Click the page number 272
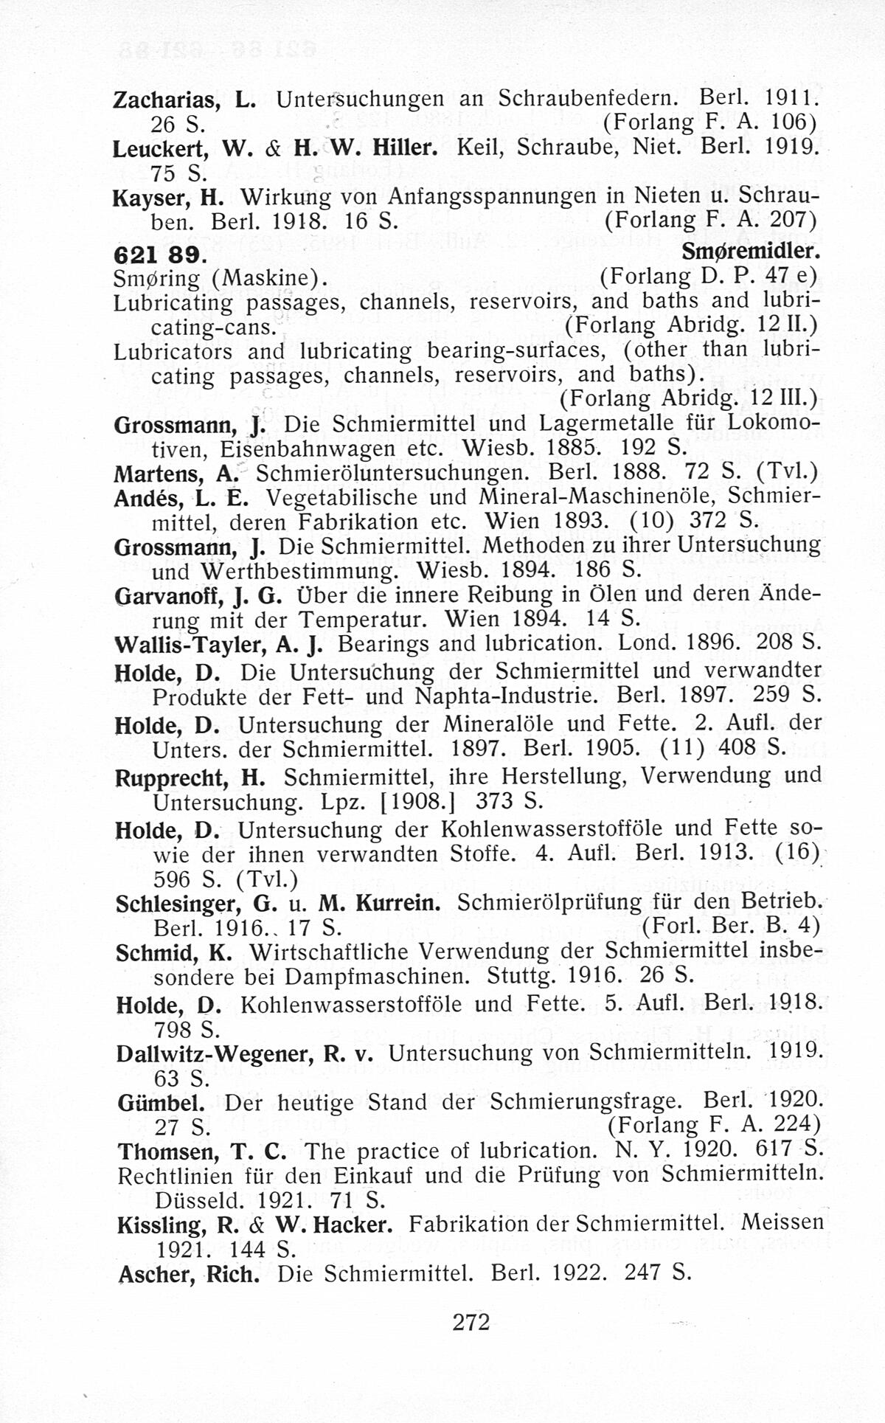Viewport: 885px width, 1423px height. pyautogui.click(x=471, y=1322)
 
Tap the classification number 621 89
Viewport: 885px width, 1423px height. pyautogui.click(x=156, y=253)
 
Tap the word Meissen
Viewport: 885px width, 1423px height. pyautogui.click(x=782, y=1222)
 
